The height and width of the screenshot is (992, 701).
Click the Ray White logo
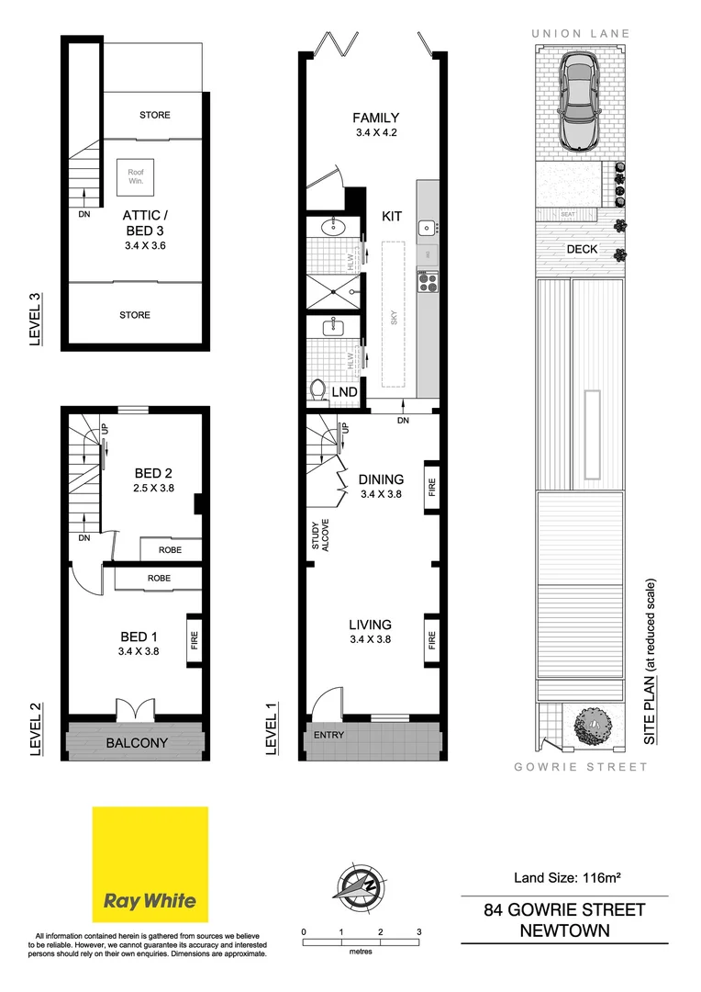pos(150,865)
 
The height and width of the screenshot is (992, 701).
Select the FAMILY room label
pos(376,118)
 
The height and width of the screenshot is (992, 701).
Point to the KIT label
pos(392,216)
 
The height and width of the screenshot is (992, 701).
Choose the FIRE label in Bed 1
pos(195,638)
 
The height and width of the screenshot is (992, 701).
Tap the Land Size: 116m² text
pos(564,878)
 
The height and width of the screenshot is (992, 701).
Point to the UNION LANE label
pos(580,34)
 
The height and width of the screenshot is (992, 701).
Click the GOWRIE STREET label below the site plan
pos(580,767)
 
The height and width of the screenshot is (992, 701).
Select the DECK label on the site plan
pos(581,249)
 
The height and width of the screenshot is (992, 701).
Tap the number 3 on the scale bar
pos(418,931)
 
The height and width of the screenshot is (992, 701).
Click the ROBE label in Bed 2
pos(170,550)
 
